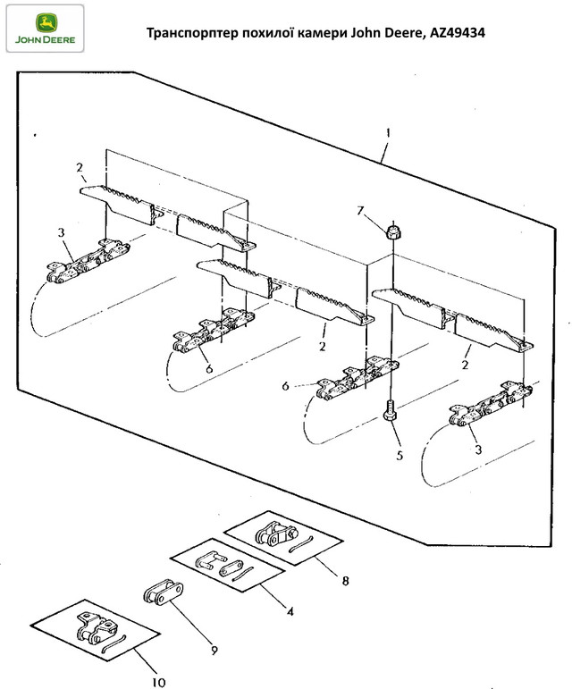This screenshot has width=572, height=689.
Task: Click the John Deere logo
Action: pos(45,29)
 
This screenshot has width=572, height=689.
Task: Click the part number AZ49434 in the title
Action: pos(457,33)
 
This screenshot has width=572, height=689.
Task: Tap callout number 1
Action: pos(388,132)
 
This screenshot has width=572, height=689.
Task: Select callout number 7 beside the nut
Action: pos(360,211)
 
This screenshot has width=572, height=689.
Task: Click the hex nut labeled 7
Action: pos(394,231)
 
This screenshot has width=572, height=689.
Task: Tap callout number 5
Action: pos(400,455)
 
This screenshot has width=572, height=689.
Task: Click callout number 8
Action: pos(345,581)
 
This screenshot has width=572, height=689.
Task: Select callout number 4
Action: pos(290,611)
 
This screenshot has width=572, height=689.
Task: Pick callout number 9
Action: pos(214,650)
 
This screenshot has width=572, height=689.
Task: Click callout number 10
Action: pos(158,682)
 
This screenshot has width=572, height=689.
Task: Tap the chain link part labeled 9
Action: pos(163,592)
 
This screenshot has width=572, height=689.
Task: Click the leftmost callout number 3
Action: pos(61,232)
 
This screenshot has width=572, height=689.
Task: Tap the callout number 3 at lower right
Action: pos(478,450)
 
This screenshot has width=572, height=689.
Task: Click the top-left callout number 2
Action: pos(79,167)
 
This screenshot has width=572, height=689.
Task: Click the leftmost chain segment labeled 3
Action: pos(88,261)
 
